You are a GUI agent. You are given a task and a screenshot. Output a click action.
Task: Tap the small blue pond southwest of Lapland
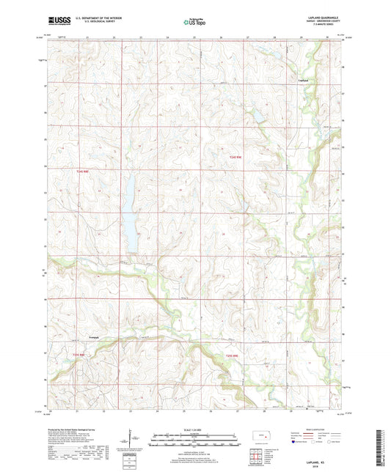tap(257, 115)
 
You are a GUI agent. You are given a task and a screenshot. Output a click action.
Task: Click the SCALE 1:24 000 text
tap(195, 429)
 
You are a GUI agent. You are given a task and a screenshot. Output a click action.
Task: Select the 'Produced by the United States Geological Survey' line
tap(73, 429)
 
